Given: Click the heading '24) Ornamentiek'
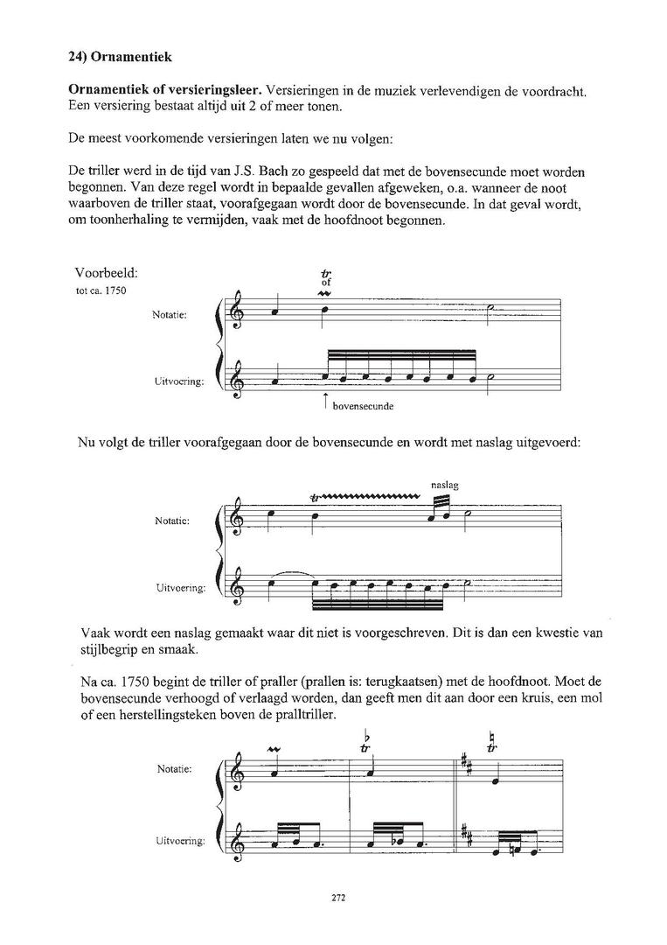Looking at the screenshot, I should pyautogui.click(x=121, y=58).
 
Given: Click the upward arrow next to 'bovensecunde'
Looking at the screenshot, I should pyautogui.click(x=325, y=402).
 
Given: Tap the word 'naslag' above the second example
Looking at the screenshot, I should pyautogui.click(x=445, y=484).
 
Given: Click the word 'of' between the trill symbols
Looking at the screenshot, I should pyautogui.click(x=326, y=283).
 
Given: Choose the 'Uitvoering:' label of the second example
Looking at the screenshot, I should pyautogui.click(x=180, y=588).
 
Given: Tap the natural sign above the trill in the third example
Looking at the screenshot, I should pyautogui.click(x=493, y=738).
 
